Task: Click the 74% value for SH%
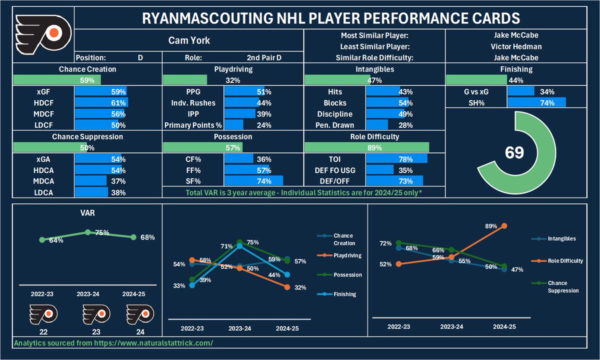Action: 547,103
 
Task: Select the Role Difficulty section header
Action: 374,136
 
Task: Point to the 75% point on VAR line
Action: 87,232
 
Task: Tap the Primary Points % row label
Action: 193,125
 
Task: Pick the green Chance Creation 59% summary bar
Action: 56,79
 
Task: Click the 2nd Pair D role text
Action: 264,57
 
